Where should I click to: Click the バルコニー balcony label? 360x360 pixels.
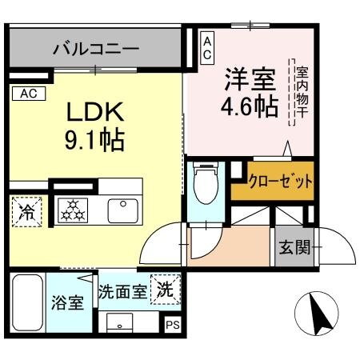coord(96,49)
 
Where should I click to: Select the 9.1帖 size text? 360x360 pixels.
coord(94,142)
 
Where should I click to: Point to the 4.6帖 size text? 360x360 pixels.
coord(247,108)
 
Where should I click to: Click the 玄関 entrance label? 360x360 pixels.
coord(295,246)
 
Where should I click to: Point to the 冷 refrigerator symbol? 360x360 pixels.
coord(27,212)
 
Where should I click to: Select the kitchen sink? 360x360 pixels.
coord(124,209)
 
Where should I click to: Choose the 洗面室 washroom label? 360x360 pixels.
coord(122,291)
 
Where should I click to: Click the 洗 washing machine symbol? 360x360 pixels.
coord(166,287)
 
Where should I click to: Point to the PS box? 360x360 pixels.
coord(173,325)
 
